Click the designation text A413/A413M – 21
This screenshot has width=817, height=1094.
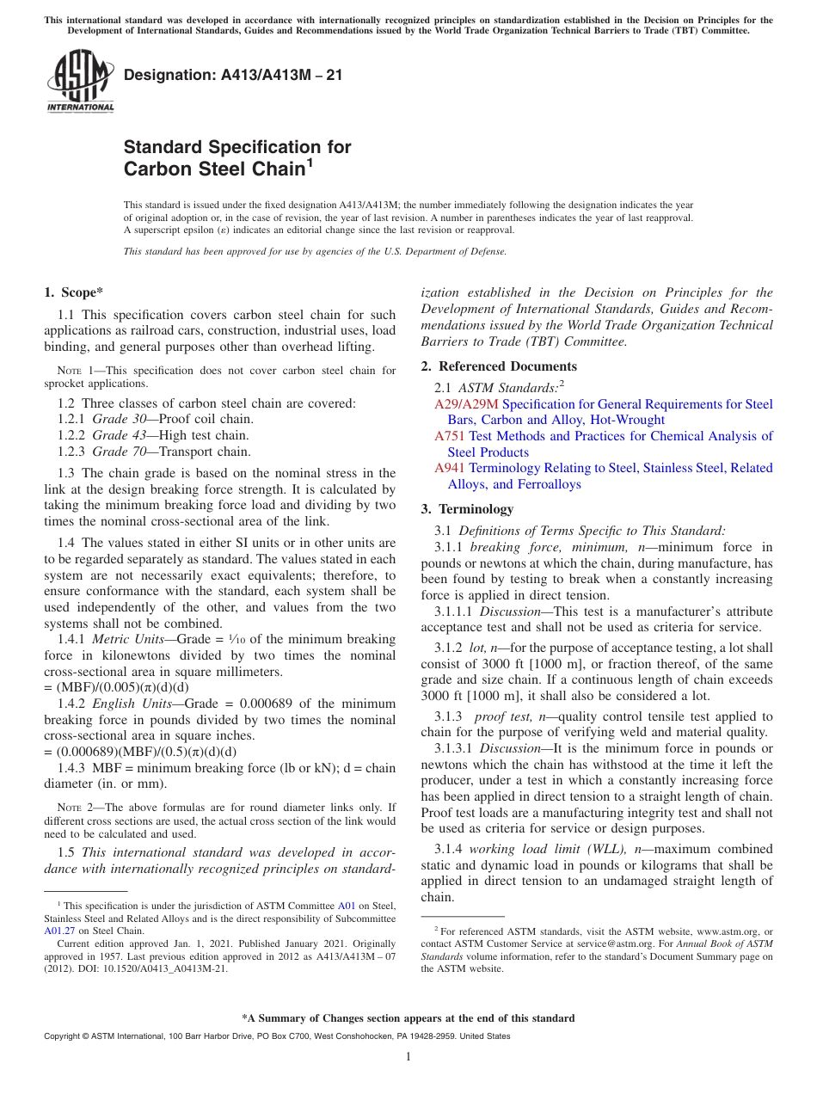tap(233, 76)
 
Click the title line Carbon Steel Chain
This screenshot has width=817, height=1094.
tap(215, 169)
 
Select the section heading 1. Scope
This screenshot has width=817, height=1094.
tap(74, 292)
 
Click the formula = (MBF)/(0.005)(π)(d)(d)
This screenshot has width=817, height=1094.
tap(116, 687)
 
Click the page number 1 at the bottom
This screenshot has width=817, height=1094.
tap(408, 1057)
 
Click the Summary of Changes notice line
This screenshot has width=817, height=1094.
tap(408, 1018)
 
